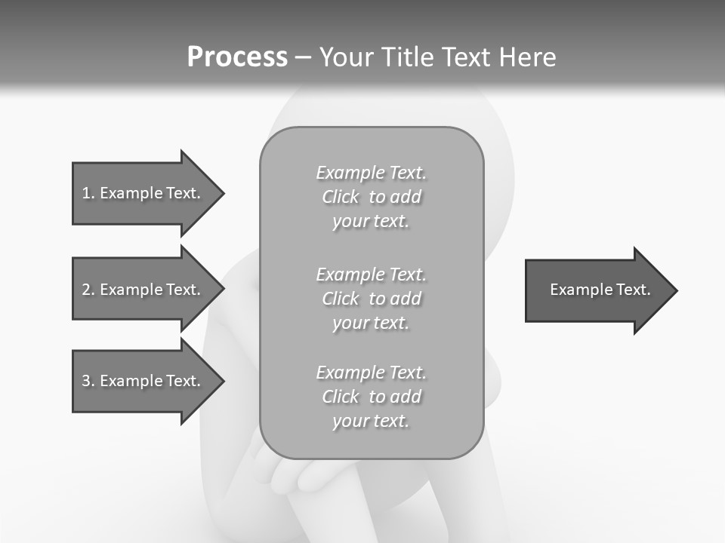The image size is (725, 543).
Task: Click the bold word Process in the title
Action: tap(237, 57)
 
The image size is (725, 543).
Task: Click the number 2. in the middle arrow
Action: tap(88, 290)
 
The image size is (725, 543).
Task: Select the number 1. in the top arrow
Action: tap(88, 193)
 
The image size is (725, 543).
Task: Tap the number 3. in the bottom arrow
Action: tap(88, 381)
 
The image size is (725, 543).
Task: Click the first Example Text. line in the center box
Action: tap(371, 173)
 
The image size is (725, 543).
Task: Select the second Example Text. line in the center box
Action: tap(371, 275)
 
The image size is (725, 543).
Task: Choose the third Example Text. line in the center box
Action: tap(371, 373)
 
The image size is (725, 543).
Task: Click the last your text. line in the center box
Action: tap(371, 421)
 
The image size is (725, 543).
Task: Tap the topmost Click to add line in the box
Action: tap(371, 197)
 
